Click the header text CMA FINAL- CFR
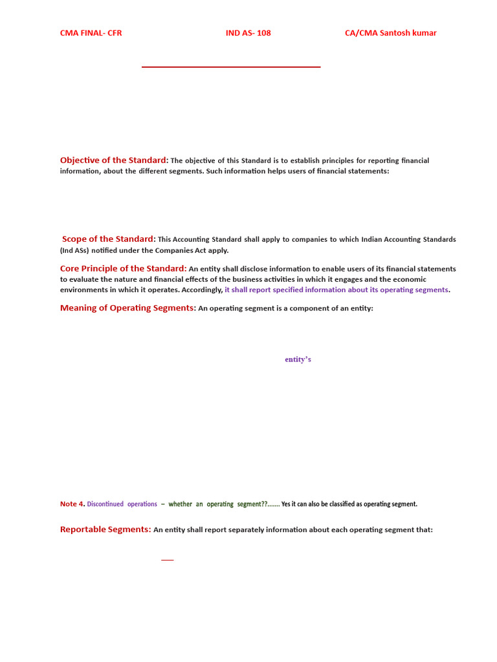click(91, 33)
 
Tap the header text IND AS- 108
click(248, 33)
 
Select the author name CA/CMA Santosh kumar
click(390, 33)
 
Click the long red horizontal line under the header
click(231, 67)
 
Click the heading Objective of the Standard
click(113, 160)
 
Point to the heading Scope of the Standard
click(108, 239)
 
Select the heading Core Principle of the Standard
click(123, 268)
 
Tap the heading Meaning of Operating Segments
click(127, 308)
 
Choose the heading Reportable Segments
click(105, 529)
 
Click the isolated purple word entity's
click(298, 359)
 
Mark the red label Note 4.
click(72, 504)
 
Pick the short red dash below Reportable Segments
click(167, 560)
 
